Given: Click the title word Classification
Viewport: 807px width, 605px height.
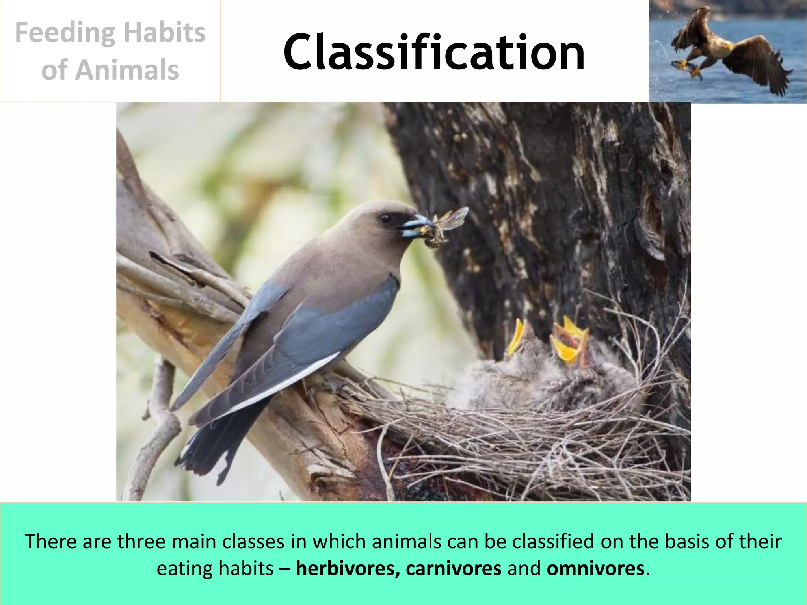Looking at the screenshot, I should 433,52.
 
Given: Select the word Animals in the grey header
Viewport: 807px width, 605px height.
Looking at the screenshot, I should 127,70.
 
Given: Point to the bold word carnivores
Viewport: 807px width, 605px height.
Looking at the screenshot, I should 454,568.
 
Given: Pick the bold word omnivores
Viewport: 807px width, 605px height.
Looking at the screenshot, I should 595,568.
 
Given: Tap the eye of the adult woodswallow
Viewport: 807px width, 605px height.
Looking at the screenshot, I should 385,218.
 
